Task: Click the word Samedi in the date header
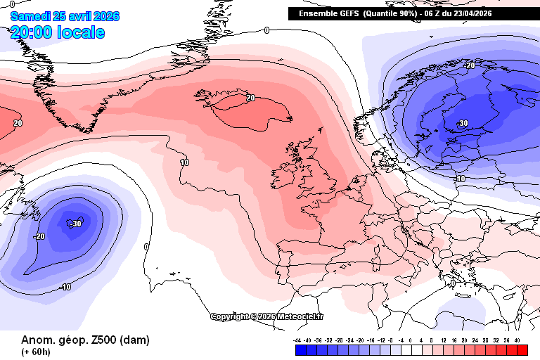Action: click(x=29, y=16)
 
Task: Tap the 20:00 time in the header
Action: click(x=33, y=32)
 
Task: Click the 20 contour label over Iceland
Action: click(x=250, y=98)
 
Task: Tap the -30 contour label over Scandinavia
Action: click(x=462, y=123)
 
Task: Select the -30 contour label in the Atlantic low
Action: click(x=77, y=224)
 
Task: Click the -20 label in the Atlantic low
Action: click(x=39, y=236)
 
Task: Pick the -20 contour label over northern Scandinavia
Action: click(x=470, y=65)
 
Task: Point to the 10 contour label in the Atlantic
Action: click(x=185, y=162)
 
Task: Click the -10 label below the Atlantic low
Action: click(x=65, y=287)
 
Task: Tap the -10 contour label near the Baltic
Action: click(x=461, y=179)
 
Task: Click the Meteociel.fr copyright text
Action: click(x=267, y=316)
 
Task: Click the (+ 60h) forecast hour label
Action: click(x=36, y=352)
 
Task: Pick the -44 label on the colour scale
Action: click(x=298, y=340)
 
